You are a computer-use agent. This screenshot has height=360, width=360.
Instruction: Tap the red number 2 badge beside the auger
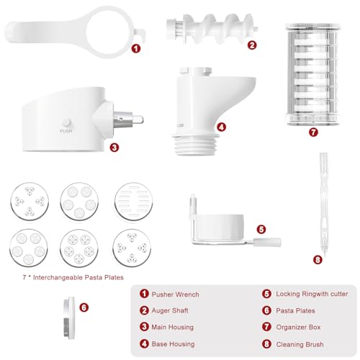coord(252,45)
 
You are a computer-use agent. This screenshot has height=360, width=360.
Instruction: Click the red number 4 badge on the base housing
coord(221,127)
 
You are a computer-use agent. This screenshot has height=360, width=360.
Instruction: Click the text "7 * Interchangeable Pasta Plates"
coord(62,276)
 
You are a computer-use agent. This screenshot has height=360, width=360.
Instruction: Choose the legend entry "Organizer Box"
coord(292,326)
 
